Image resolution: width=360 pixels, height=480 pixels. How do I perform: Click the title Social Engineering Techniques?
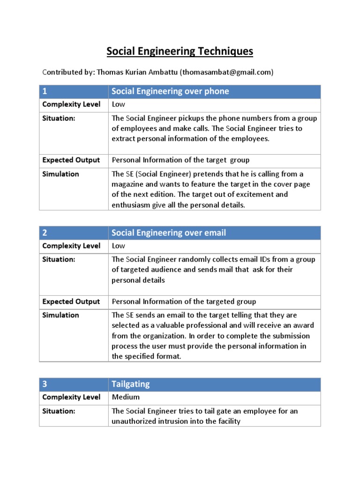[180, 51]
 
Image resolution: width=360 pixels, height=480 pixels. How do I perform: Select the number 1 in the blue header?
[45, 91]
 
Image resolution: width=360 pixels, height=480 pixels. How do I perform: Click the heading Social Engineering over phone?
[170, 91]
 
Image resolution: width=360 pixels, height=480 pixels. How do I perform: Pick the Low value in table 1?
[119, 104]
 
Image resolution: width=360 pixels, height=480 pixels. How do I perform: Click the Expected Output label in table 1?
[71, 160]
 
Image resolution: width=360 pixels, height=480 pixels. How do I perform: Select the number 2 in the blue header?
[45, 233]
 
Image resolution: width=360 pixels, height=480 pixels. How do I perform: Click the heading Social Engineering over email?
[169, 233]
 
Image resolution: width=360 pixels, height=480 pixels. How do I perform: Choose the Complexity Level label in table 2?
[71, 246]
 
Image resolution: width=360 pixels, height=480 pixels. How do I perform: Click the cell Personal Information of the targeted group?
[184, 302]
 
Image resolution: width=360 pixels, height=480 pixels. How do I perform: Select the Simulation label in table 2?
[60, 315]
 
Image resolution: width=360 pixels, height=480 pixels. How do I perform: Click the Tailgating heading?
[131, 384]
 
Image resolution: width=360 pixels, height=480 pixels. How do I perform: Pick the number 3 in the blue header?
[45, 384]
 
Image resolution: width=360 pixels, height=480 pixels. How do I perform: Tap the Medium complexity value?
[126, 397]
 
